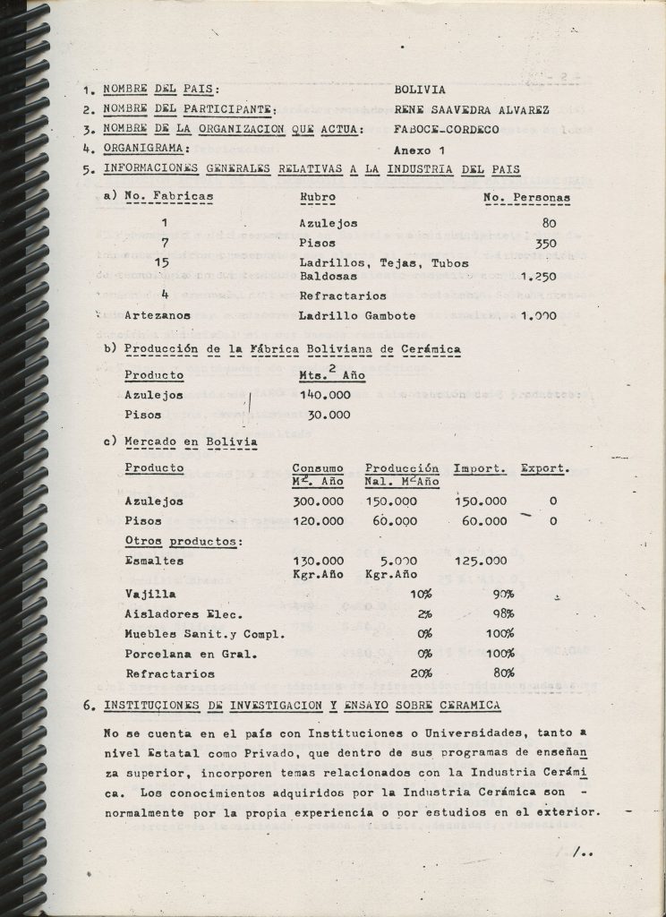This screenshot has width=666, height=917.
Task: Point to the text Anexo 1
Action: (419, 150)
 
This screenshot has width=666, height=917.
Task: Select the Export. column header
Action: (544, 467)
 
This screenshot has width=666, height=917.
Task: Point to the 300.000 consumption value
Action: (318, 501)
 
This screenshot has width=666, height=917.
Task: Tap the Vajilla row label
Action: (149, 594)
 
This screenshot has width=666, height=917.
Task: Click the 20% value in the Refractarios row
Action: (419, 673)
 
